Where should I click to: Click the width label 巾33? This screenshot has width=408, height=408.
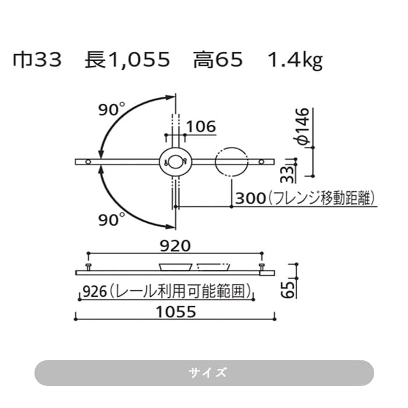(x=37, y=61)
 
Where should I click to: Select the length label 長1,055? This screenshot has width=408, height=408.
(x=126, y=61)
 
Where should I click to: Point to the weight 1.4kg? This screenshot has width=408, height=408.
(x=294, y=61)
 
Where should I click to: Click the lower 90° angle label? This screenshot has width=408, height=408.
(x=111, y=219)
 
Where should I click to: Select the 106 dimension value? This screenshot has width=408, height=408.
(x=201, y=126)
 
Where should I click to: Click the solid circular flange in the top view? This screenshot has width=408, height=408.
(x=174, y=161)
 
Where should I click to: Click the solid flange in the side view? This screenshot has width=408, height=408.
(x=175, y=267)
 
